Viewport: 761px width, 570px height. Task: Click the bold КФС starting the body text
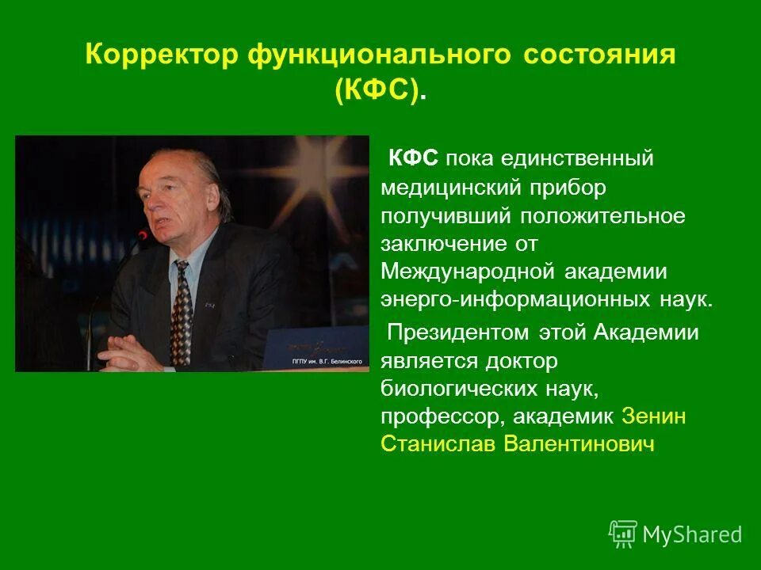(x=413, y=158)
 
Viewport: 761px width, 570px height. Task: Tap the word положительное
(x=602, y=215)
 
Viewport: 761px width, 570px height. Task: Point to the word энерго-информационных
(x=515, y=301)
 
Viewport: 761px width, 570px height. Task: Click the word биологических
(x=457, y=389)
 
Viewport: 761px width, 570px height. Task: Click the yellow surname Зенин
(x=654, y=416)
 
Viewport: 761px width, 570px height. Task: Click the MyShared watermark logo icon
(x=623, y=534)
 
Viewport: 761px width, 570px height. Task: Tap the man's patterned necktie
(x=181, y=313)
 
